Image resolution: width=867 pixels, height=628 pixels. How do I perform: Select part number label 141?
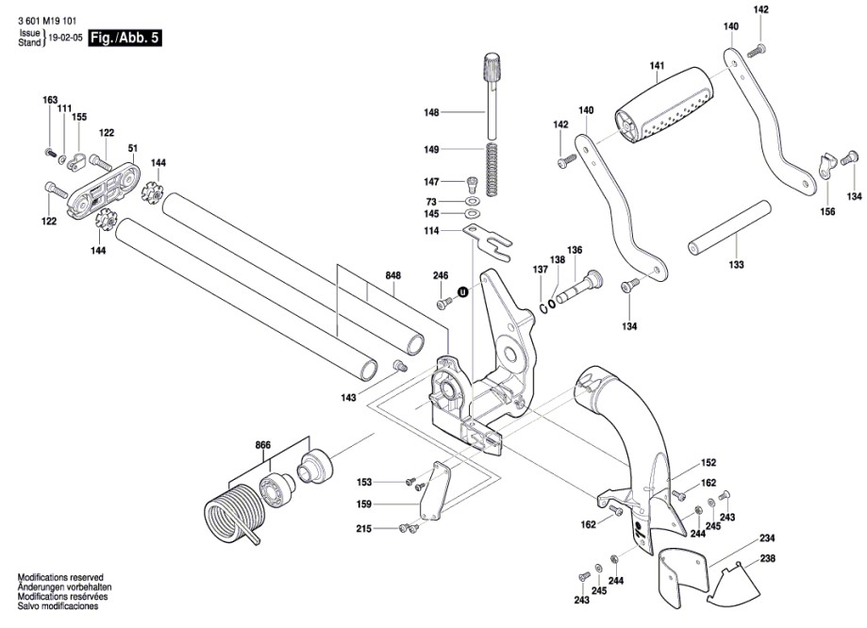[x=658, y=66]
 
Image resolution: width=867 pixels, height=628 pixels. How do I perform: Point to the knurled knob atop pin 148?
[x=492, y=69]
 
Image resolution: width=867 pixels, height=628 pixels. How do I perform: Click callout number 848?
[x=393, y=275]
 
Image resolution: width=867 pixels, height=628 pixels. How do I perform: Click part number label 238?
[x=767, y=558]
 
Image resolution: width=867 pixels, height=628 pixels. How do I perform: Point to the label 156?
[x=827, y=211]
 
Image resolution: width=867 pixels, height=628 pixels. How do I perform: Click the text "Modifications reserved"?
[x=60, y=577]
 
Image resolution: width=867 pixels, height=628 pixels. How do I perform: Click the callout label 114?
[x=431, y=231]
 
